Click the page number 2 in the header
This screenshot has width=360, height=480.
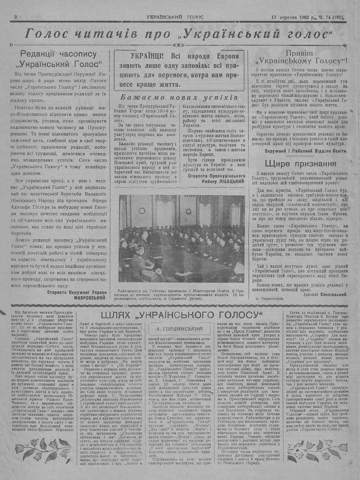(x=16, y=17)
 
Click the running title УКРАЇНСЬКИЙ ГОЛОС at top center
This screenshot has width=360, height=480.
(x=175, y=17)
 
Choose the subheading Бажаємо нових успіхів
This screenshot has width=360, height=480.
(x=179, y=98)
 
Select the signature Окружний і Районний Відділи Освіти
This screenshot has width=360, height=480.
(x=306, y=151)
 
